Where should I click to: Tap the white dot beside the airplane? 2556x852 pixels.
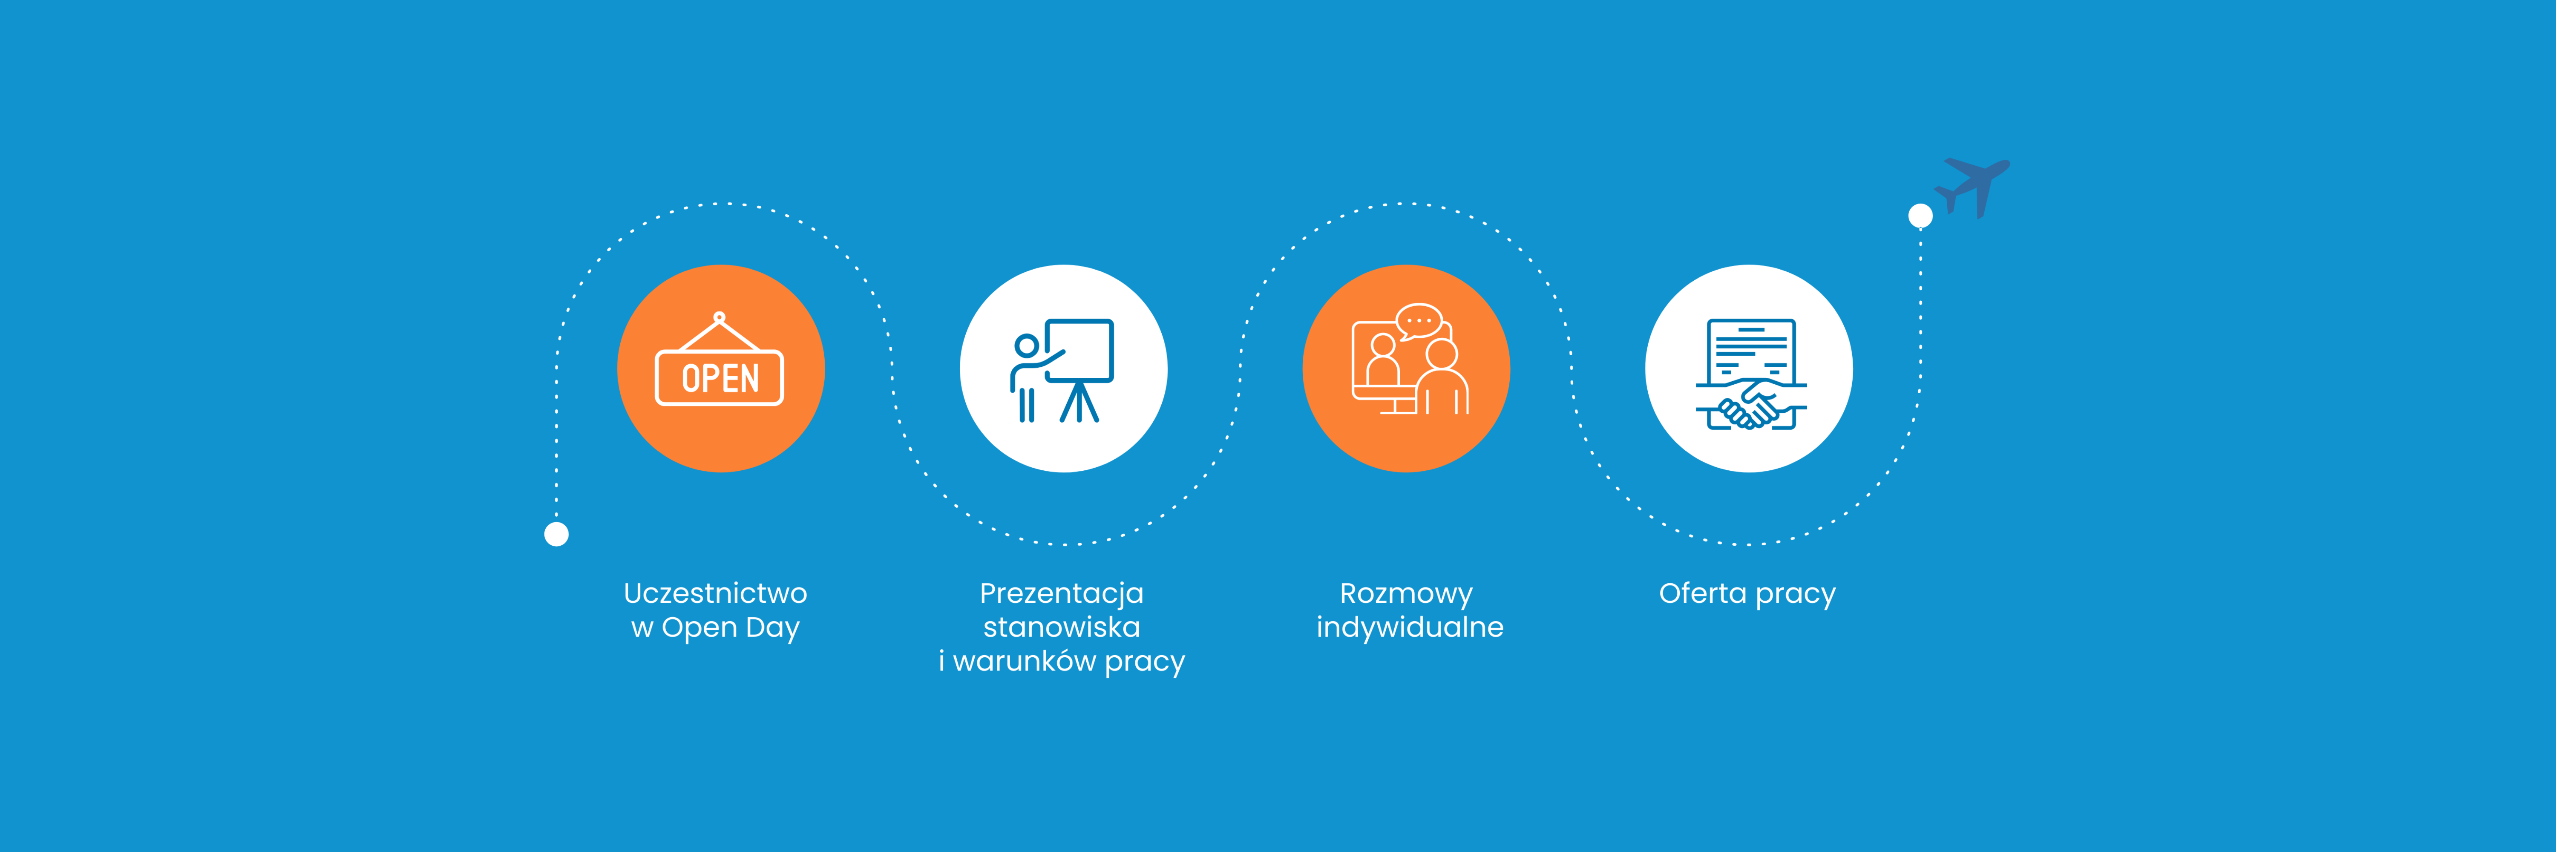(x=1920, y=215)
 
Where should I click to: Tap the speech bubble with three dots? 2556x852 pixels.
(x=1419, y=321)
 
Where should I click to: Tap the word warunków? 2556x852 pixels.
(x=1024, y=661)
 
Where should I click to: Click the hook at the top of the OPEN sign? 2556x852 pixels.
(x=720, y=317)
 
